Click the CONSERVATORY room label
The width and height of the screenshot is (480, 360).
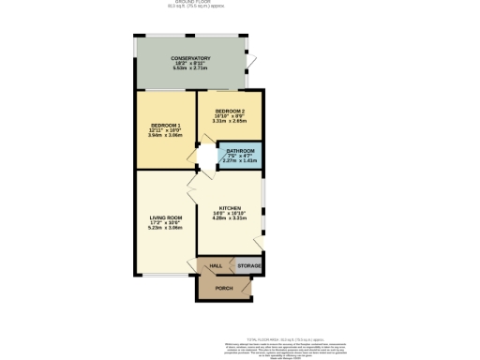pyautogui.click(x=190, y=58)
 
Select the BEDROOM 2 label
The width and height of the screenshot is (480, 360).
pyautogui.click(x=230, y=110)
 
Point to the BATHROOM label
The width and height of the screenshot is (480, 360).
pyautogui.click(x=240, y=150)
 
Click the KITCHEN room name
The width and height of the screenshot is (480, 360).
pyautogui.click(x=231, y=207)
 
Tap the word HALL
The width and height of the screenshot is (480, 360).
pyautogui.click(x=215, y=266)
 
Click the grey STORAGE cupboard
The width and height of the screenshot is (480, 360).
pyautogui.click(x=248, y=266)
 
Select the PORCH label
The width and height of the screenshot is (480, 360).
pyautogui.click(x=224, y=288)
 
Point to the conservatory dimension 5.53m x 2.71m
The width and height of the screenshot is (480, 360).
pyautogui.click(x=190, y=69)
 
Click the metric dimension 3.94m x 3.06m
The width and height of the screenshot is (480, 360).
pyautogui.click(x=164, y=134)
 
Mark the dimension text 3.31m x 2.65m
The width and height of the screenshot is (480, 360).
pyautogui.click(x=230, y=121)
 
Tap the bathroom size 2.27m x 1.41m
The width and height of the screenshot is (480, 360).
pyautogui.click(x=240, y=161)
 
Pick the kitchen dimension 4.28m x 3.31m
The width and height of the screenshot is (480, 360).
pyautogui.click(x=231, y=218)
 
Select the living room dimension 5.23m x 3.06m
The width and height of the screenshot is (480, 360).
pyautogui.click(x=164, y=228)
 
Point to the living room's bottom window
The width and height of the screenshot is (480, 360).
pyautogui.click(x=165, y=274)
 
